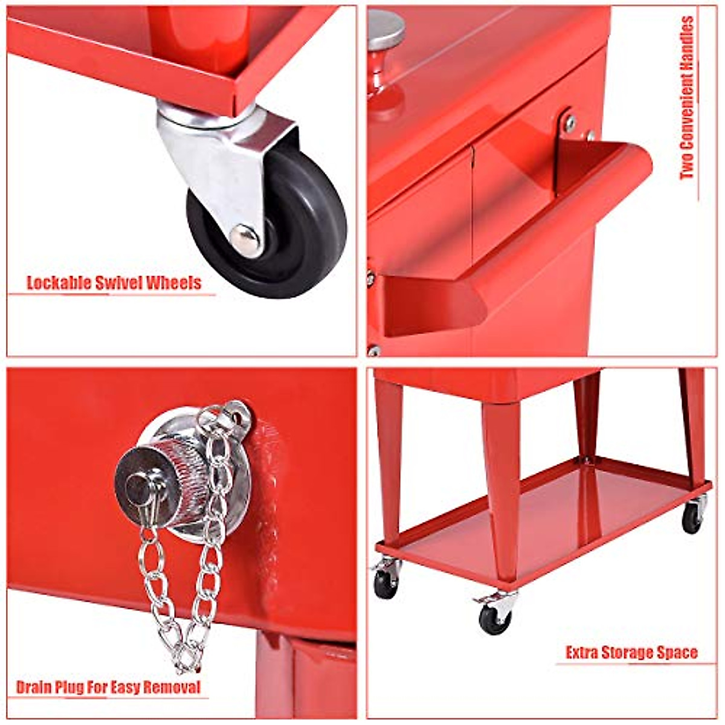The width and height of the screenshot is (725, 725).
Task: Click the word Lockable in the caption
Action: pyautogui.click(x=58, y=283)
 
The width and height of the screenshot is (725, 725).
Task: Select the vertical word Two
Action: pyautogui.click(x=688, y=167)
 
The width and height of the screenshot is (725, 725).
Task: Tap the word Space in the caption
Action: pyautogui.click(x=679, y=653)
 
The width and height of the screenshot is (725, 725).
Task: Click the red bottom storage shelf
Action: pyautogui.click(x=544, y=520)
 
